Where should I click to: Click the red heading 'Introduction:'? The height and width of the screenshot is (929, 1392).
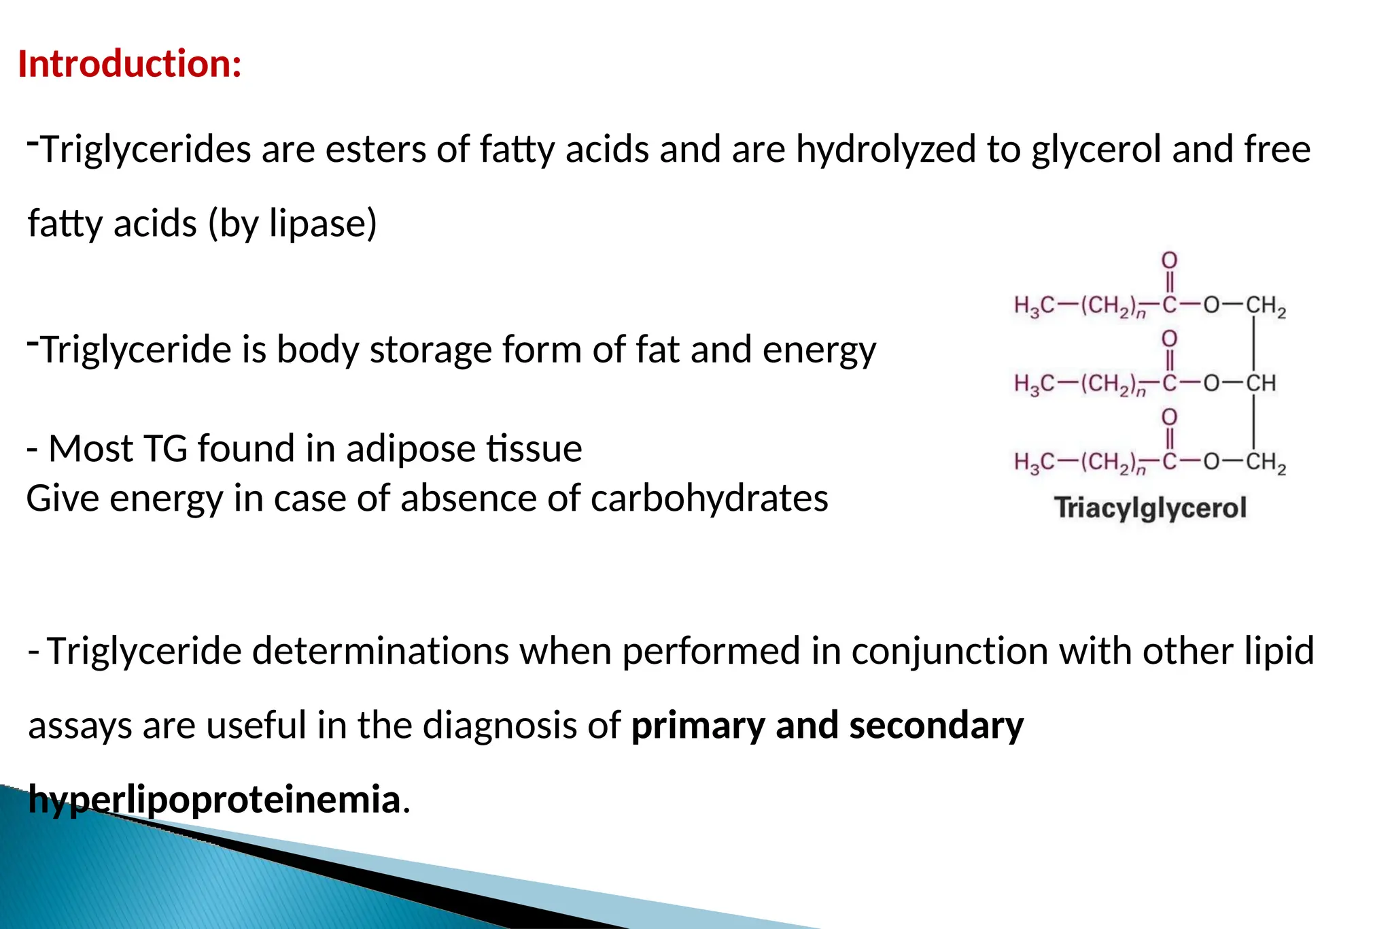pos(130,64)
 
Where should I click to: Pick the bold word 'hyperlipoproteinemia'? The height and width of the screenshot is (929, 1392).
pos(214,799)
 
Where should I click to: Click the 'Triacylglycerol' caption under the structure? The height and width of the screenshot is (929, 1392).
pos(1150,508)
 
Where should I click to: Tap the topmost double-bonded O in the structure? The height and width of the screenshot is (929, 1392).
pos(1169,260)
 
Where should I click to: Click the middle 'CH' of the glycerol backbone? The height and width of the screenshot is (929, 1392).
pos(1260,384)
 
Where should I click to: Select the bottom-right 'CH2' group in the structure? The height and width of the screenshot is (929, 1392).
pos(1265,463)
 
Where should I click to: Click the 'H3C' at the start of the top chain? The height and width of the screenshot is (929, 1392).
pos(1033,306)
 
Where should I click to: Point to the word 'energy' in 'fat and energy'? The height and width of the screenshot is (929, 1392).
pos(819,350)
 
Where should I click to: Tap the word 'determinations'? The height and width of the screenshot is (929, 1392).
pos(380,651)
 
